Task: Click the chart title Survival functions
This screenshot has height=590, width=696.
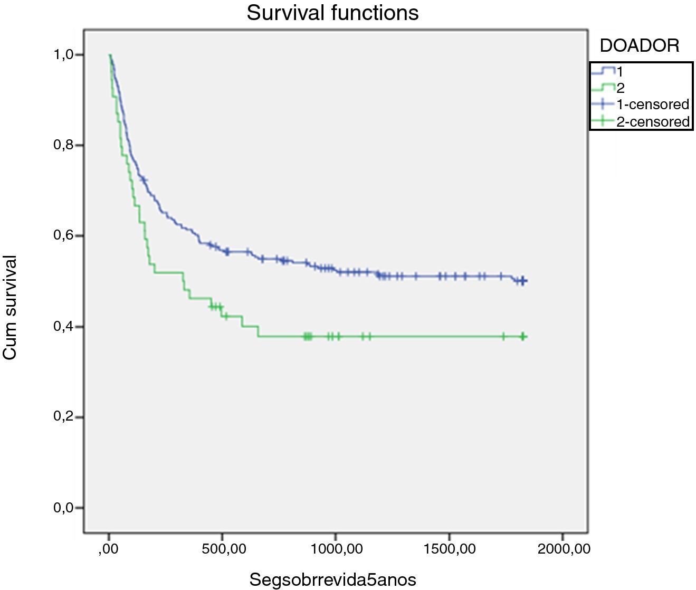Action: coord(332,13)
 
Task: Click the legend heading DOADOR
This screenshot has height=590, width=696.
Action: coord(640,46)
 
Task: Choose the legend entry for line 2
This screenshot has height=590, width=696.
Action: coord(621,88)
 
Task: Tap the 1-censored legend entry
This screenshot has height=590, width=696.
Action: coord(653,104)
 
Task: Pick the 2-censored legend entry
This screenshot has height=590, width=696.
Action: coord(653,122)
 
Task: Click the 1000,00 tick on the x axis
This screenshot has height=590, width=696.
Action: coord(336,549)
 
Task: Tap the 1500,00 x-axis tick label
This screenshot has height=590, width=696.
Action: coord(449,549)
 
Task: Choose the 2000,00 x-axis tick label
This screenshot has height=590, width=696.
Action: coord(562,549)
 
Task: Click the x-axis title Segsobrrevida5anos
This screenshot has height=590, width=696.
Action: coord(332,580)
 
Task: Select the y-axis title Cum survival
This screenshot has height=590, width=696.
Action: coord(10,308)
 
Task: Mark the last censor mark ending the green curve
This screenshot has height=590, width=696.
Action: coord(522,337)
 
